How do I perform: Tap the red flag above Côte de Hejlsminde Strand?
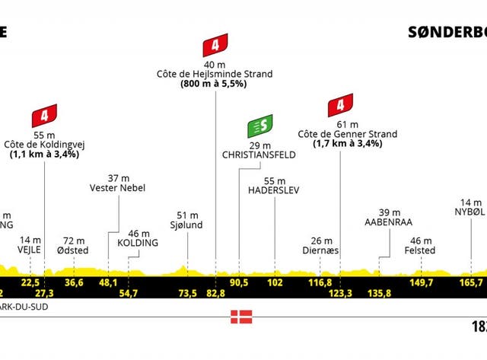216,46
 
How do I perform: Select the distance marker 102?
274,282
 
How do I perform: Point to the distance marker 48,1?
110,282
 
